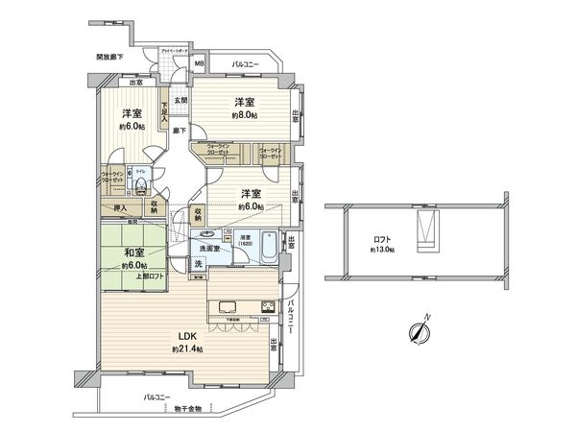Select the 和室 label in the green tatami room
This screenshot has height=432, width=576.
pos(133,254)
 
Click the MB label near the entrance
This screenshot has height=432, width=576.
pos(200,66)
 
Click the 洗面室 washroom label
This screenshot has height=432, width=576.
pos(208,248)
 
